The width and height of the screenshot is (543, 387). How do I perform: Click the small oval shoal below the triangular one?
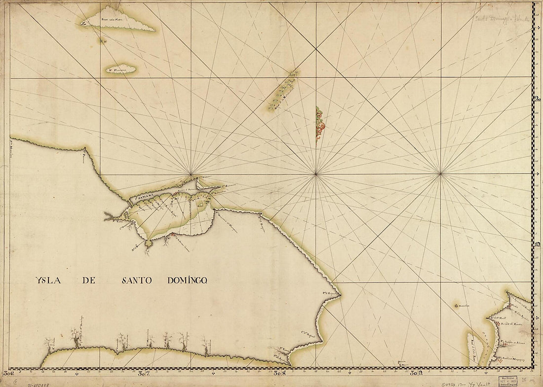[121, 69]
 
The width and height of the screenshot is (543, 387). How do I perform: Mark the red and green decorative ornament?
[320, 123]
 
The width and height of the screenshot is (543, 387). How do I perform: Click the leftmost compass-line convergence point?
[191, 174]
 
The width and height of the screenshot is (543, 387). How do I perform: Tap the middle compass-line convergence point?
[316, 174]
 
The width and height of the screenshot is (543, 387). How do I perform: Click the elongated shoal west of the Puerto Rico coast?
[474, 348]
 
